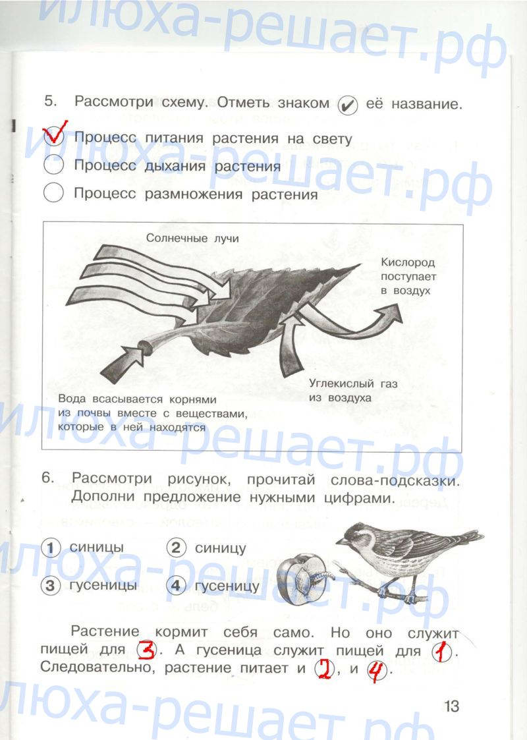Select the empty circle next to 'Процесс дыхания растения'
(53, 165)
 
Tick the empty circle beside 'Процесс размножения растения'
(53, 192)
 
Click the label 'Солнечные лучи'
(192, 238)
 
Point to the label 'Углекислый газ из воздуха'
(353, 391)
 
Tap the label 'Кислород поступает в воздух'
(408, 277)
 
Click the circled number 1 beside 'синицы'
(51, 548)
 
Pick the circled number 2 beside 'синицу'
(175, 548)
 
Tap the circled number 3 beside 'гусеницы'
(51, 586)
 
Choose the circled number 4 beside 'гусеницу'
(175, 586)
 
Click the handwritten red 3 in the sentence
(147, 650)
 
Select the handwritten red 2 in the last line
(324, 669)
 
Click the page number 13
(451, 706)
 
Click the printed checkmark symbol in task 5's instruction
(348, 105)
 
